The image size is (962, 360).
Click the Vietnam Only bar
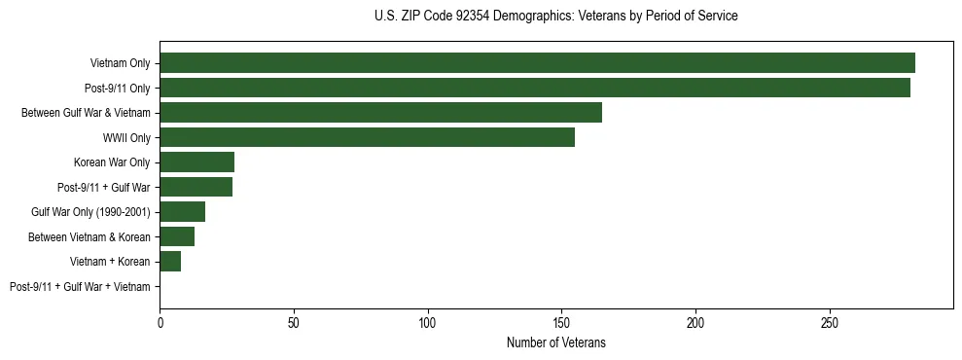pyautogui.click(x=537, y=63)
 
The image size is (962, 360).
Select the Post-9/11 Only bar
pyautogui.click(x=535, y=88)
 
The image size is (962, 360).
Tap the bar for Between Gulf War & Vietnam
pyautogui.click(x=380, y=113)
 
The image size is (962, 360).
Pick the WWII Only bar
pyautogui.click(x=367, y=137)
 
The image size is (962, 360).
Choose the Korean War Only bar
pyautogui.click(x=196, y=162)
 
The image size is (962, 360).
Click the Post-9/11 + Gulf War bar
pyautogui.click(x=196, y=187)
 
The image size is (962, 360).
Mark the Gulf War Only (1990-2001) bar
pyautogui.click(x=182, y=212)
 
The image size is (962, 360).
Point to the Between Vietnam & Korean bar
pyautogui.click(x=177, y=236)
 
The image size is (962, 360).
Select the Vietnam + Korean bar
pyautogui.click(x=170, y=262)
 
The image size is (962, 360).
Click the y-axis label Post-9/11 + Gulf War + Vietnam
pyautogui.click(x=80, y=287)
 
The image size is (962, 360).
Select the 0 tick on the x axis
pyautogui.click(x=160, y=322)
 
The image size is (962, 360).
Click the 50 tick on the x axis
pyautogui.click(x=294, y=322)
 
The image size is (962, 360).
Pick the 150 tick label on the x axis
pyautogui.click(x=561, y=322)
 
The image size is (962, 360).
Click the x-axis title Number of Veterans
pyautogui.click(x=555, y=342)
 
